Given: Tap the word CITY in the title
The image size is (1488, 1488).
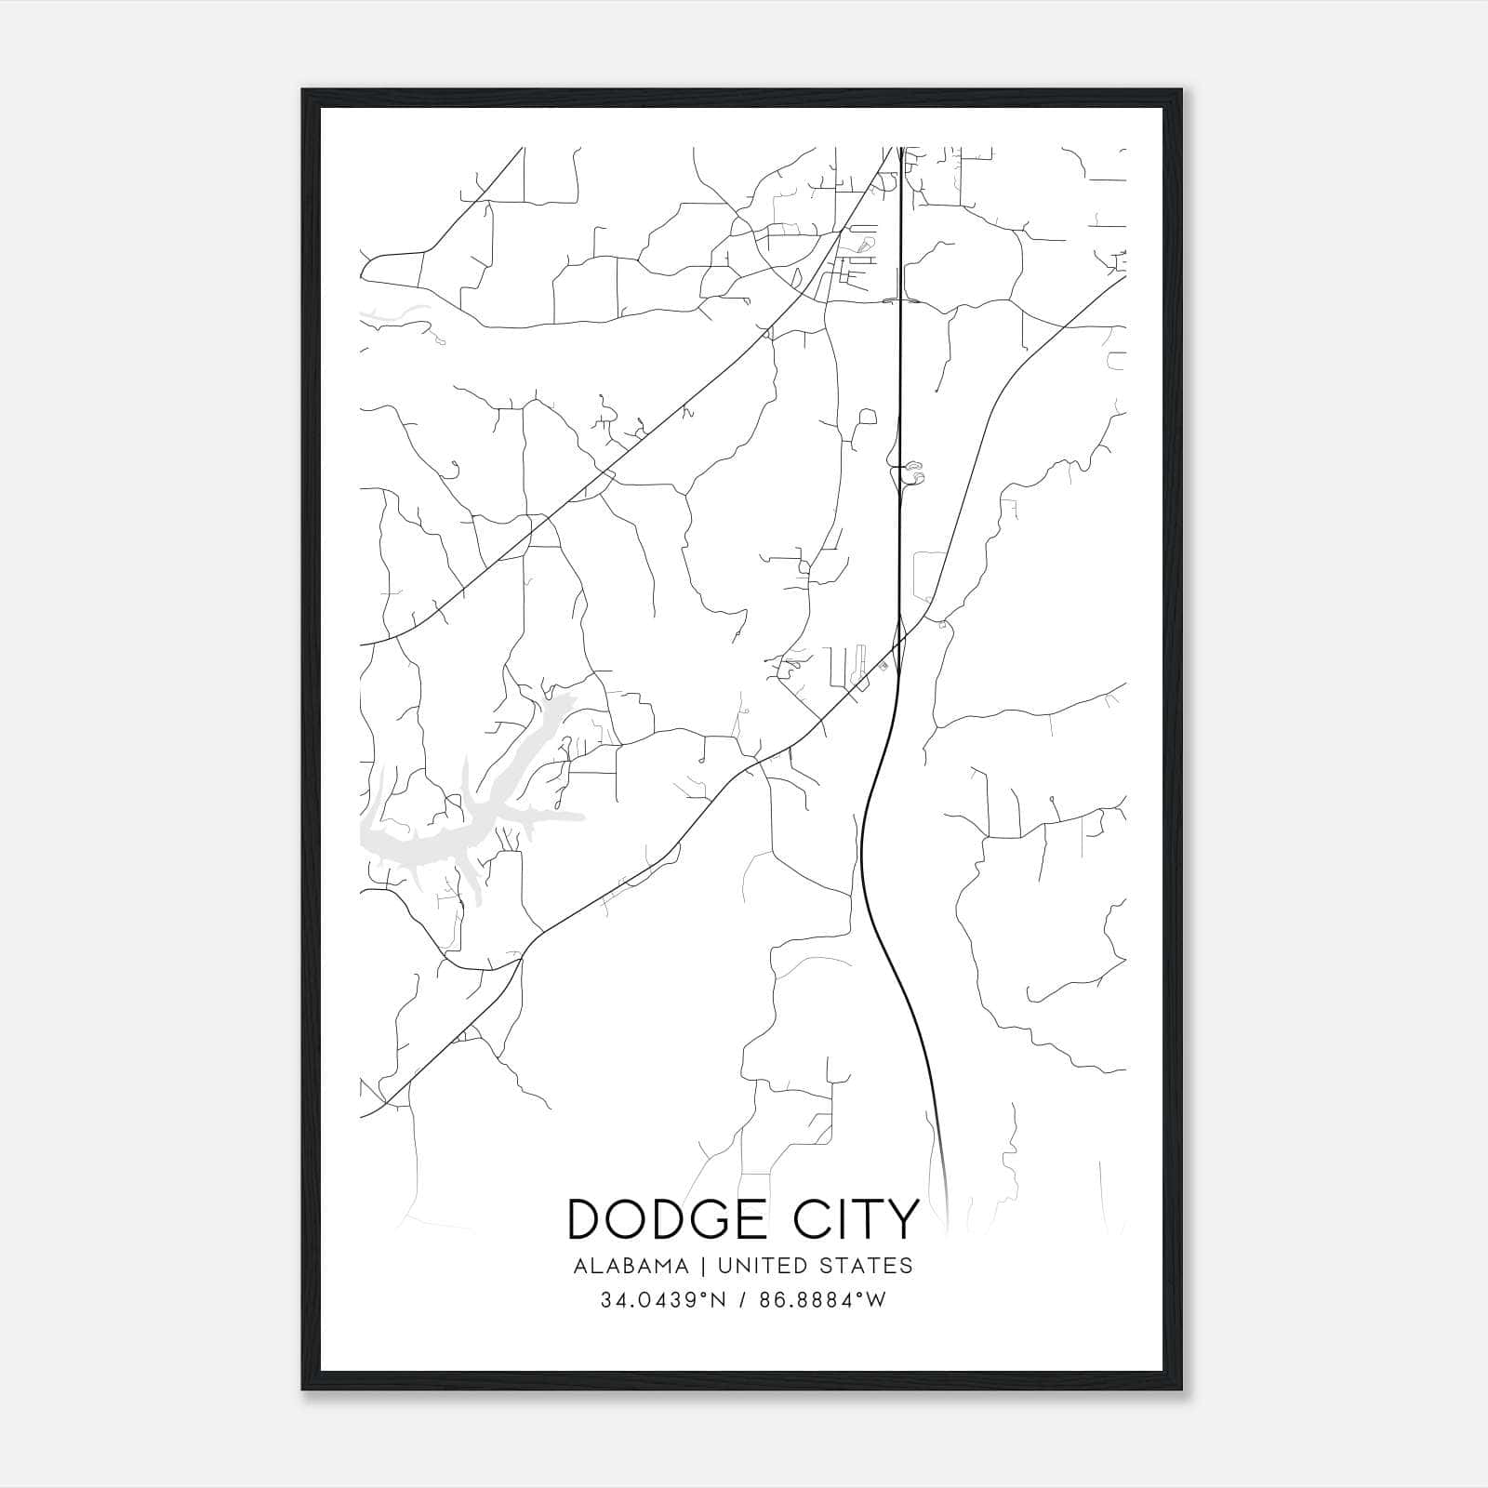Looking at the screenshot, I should point(858,1219).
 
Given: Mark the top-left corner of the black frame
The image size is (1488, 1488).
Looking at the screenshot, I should point(303,90).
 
